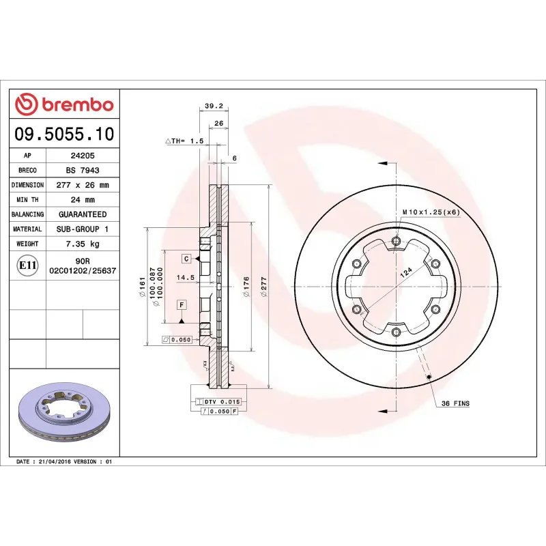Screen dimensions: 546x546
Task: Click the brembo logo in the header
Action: point(64,104)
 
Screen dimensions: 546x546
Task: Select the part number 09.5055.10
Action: point(64,134)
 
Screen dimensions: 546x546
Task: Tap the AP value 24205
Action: point(82,156)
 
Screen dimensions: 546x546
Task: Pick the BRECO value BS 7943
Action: point(82,171)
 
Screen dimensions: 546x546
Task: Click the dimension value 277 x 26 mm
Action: point(82,185)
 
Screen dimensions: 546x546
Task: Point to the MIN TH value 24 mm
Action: point(82,200)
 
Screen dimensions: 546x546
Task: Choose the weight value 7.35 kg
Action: point(82,244)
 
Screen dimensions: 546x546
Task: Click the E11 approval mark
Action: point(27,265)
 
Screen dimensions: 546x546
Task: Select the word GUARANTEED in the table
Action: point(82,214)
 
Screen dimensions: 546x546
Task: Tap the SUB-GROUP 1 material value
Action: point(82,229)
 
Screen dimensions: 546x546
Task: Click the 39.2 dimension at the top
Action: point(214,106)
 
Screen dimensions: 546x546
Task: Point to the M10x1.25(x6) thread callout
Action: point(431,212)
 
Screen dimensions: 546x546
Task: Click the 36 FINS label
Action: point(455,404)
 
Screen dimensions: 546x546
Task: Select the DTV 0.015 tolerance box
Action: point(222,402)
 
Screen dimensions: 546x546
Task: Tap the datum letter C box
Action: point(185,259)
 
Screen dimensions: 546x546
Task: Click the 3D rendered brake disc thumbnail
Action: point(64,409)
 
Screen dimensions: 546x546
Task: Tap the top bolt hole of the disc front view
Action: point(397,240)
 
